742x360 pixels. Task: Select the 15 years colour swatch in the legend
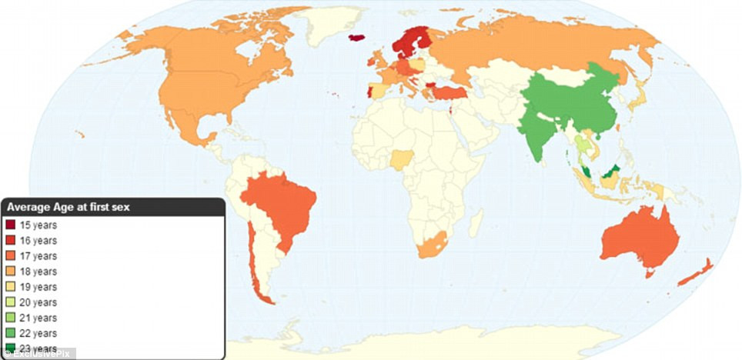click(10, 225)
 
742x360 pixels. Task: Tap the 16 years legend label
click(38, 241)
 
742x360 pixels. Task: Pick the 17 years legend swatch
click(10, 256)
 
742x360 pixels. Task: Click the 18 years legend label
click(38, 272)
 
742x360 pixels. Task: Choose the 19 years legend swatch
click(10, 287)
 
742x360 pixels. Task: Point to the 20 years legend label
click(38, 302)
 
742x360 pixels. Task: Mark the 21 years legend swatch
click(10, 318)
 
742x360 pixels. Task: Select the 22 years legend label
click(38, 333)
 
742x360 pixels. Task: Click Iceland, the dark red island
click(356, 37)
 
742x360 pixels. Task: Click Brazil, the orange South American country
click(281, 208)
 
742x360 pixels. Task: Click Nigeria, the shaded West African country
click(401, 160)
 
